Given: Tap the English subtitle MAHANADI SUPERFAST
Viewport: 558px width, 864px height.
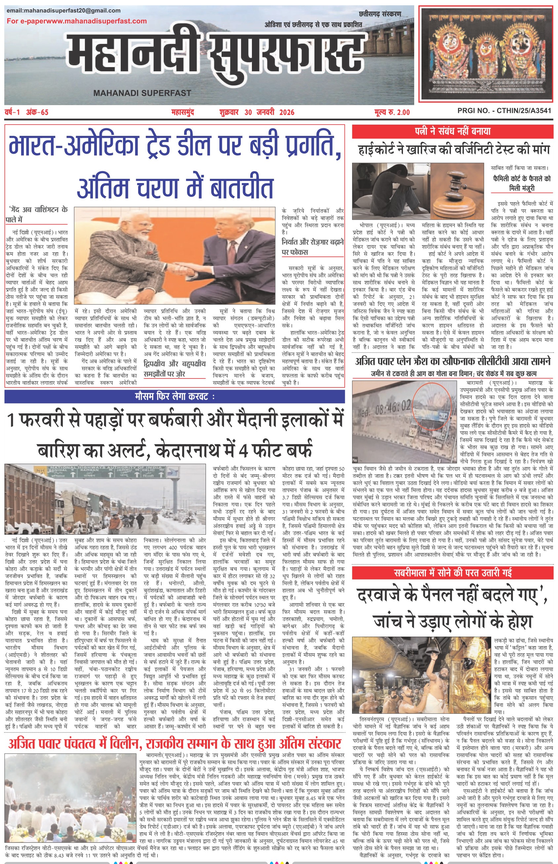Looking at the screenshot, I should pyautogui.click(x=142, y=93).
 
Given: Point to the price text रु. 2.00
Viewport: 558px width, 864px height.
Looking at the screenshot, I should pyautogui.click(x=399, y=112).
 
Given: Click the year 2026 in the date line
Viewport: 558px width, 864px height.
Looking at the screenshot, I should pyautogui.click(x=287, y=112).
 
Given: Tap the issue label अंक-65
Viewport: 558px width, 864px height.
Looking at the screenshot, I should pyautogui.click(x=37, y=112).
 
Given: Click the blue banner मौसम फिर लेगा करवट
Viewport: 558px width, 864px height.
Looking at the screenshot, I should pyautogui.click(x=175, y=397).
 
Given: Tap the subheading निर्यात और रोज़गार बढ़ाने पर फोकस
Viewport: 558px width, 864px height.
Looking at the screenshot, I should pyautogui.click(x=313, y=247).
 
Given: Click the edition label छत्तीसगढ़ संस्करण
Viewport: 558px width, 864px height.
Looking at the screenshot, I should pyautogui.click(x=380, y=14).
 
